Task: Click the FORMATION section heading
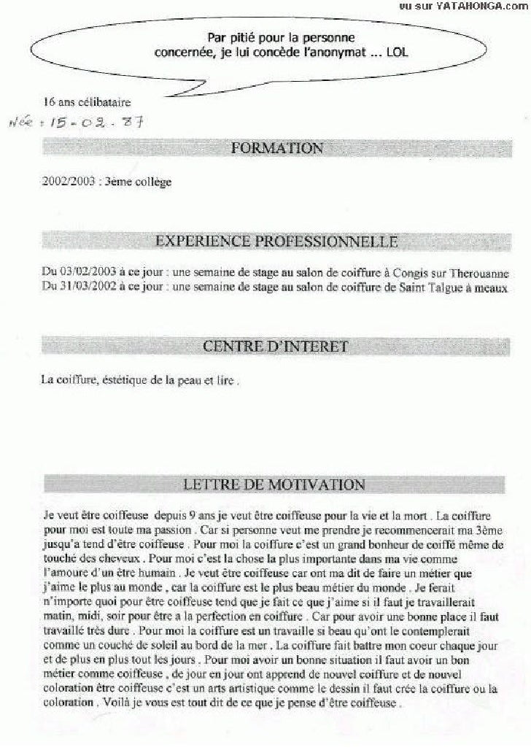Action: pos(276,148)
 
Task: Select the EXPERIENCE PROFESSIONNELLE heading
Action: pos(276,241)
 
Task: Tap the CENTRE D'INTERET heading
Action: pos(275,346)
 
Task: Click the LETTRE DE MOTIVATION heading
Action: pos(274,484)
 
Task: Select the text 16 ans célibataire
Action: pos(88,102)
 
